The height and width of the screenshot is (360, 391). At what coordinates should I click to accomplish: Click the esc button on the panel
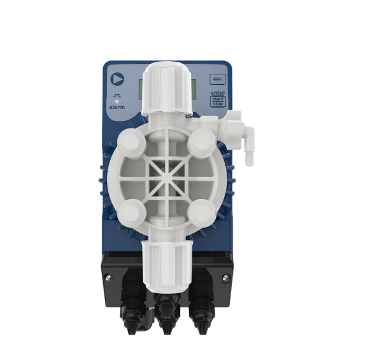click(217, 80)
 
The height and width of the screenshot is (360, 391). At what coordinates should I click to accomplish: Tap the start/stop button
click(218, 101)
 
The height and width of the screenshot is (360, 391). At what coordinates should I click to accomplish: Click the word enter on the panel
click(218, 93)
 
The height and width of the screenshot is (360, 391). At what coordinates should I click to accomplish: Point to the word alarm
click(117, 107)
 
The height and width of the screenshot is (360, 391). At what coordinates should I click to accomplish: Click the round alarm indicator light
click(117, 102)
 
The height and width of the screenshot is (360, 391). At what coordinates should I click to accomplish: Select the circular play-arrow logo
click(117, 79)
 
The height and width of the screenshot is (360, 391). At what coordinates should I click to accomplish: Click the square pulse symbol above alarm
click(117, 95)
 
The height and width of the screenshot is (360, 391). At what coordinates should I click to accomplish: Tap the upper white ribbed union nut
click(167, 88)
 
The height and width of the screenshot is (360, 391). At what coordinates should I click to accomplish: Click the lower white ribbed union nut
click(167, 266)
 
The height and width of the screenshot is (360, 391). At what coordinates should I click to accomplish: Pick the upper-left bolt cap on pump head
click(131, 142)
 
